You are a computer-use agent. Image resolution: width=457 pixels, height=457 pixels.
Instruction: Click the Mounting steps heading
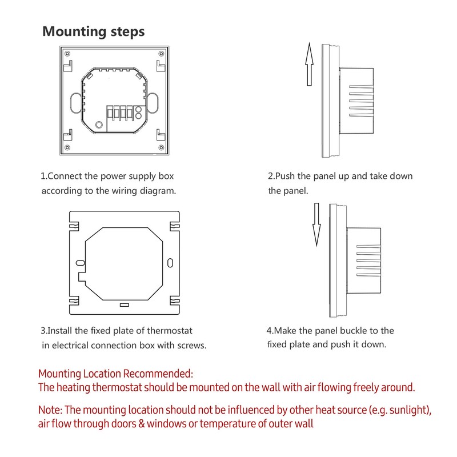[94, 31]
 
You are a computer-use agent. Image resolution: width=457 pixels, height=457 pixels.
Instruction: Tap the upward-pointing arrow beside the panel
[309, 64]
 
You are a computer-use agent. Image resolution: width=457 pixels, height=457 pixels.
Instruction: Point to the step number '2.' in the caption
[271, 176]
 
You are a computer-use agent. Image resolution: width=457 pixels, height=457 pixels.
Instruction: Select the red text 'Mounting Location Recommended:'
[116, 374]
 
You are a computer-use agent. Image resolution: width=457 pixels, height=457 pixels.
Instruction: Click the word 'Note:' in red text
[50, 410]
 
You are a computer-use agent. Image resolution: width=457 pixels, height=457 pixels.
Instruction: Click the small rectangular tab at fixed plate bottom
[125, 304]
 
